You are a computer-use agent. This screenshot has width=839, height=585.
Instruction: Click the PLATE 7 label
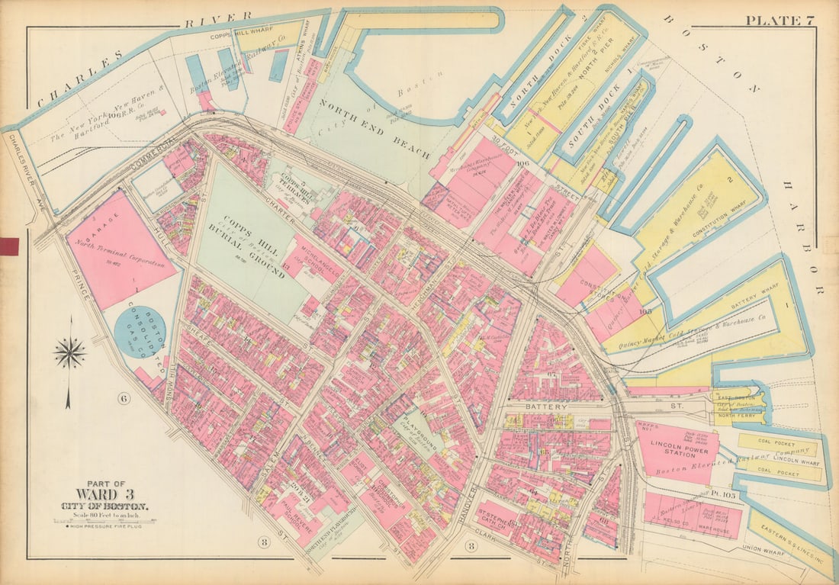coord(779,20)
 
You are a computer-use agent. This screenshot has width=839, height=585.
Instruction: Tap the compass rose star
coord(69,353)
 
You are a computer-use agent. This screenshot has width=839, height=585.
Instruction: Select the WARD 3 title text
coord(105,495)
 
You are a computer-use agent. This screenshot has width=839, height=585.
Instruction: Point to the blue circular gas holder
coord(140,332)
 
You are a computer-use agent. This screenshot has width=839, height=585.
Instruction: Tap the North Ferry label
coord(738,416)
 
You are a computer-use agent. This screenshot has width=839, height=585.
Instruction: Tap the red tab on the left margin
coord(9,246)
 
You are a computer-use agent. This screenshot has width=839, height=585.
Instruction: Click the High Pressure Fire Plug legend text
coord(100,527)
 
